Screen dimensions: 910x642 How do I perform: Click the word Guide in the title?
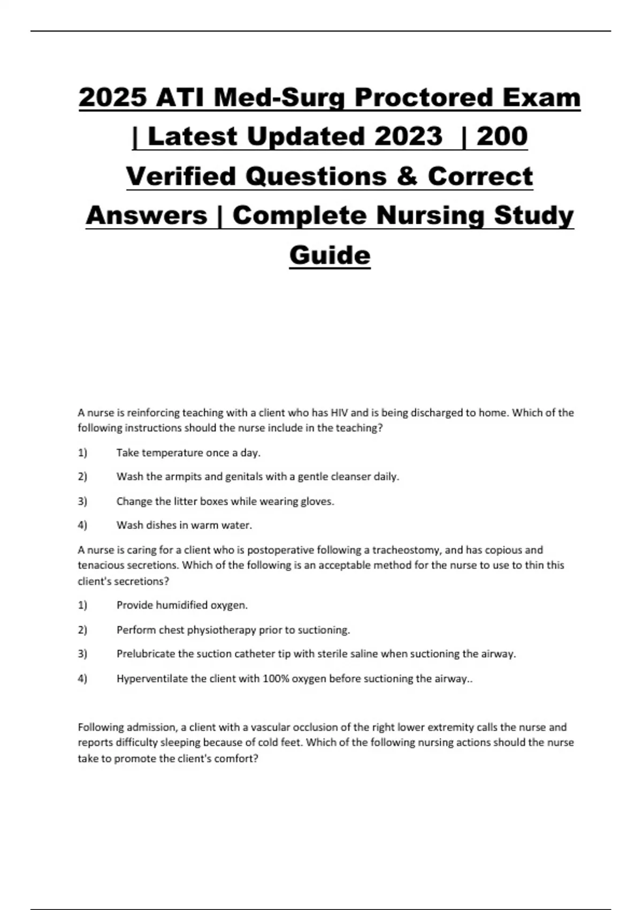[x=330, y=255]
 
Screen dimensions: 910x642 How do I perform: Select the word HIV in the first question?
[x=339, y=413]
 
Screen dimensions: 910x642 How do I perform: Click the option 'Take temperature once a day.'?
[x=188, y=453]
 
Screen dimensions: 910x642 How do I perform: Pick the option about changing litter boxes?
[x=225, y=502]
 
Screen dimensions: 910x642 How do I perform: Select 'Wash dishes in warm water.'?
[x=184, y=525]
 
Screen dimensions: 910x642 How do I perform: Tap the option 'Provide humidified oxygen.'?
[x=182, y=605]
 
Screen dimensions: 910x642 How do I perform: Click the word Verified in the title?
[x=181, y=176]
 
